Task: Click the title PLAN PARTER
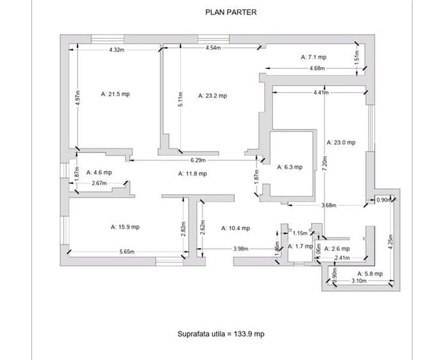coord(230,12)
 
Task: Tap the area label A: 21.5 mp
coord(116,93)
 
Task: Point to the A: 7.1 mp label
coord(314,57)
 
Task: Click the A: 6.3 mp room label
coord(289,167)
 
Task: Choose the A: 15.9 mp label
coord(125,226)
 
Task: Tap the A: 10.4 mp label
coord(236,228)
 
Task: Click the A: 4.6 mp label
coord(97,172)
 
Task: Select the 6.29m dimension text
coord(198,160)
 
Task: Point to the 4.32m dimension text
coord(116,49)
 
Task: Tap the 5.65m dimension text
coord(127,252)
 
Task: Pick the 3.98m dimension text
coord(241,248)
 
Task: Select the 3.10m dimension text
coord(359,281)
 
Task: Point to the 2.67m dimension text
coord(99,184)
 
